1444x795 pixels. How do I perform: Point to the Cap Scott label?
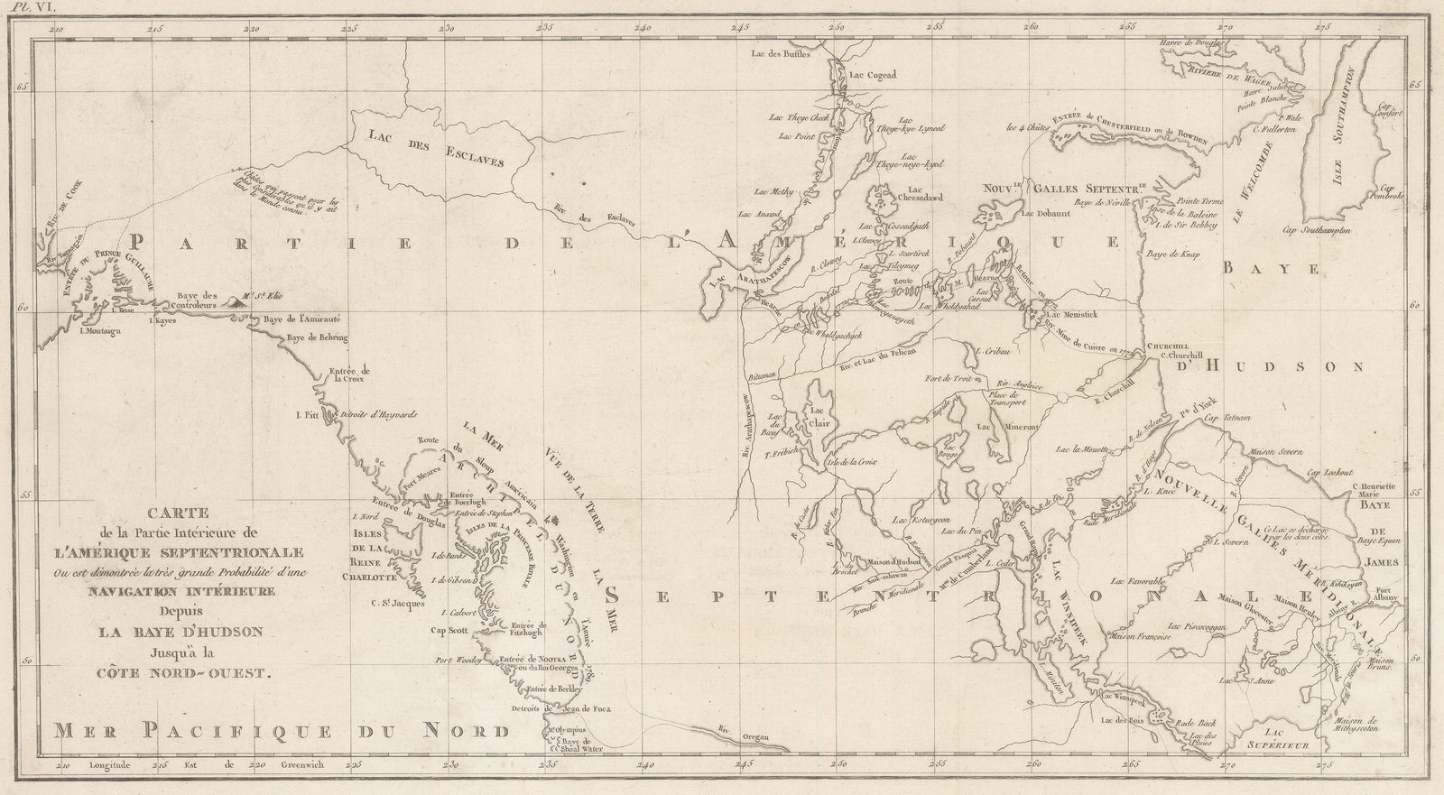(x=451, y=630)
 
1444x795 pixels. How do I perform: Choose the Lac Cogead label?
(x=867, y=76)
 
